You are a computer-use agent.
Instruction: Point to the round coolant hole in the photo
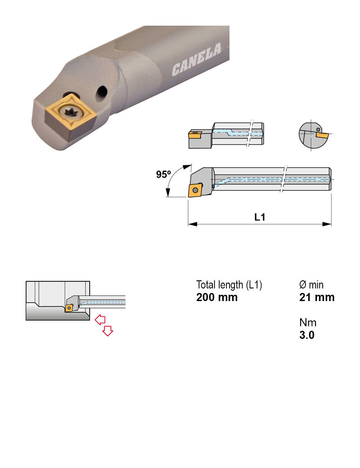pyautogui.click(x=102, y=92)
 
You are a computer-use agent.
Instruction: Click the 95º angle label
pyautogui.click(x=164, y=175)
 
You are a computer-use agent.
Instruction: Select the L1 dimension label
pyautogui.click(x=260, y=217)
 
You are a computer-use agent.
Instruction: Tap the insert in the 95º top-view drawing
pyautogui.click(x=195, y=190)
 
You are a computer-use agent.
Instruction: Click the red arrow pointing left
pyautogui.click(x=100, y=319)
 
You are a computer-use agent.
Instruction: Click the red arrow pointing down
pyautogui.click(x=108, y=331)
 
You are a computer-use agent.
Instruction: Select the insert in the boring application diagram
pyautogui.click(x=69, y=307)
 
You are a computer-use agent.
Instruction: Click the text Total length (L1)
pyautogui.click(x=229, y=285)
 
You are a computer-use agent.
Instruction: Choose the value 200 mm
pyautogui.click(x=217, y=297)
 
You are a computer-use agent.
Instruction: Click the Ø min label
pyautogui.click(x=311, y=285)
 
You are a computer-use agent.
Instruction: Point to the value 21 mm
pyautogui.click(x=317, y=297)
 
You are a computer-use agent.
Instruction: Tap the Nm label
pyautogui.click(x=308, y=323)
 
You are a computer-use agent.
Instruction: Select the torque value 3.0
pyautogui.click(x=307, y=335)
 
